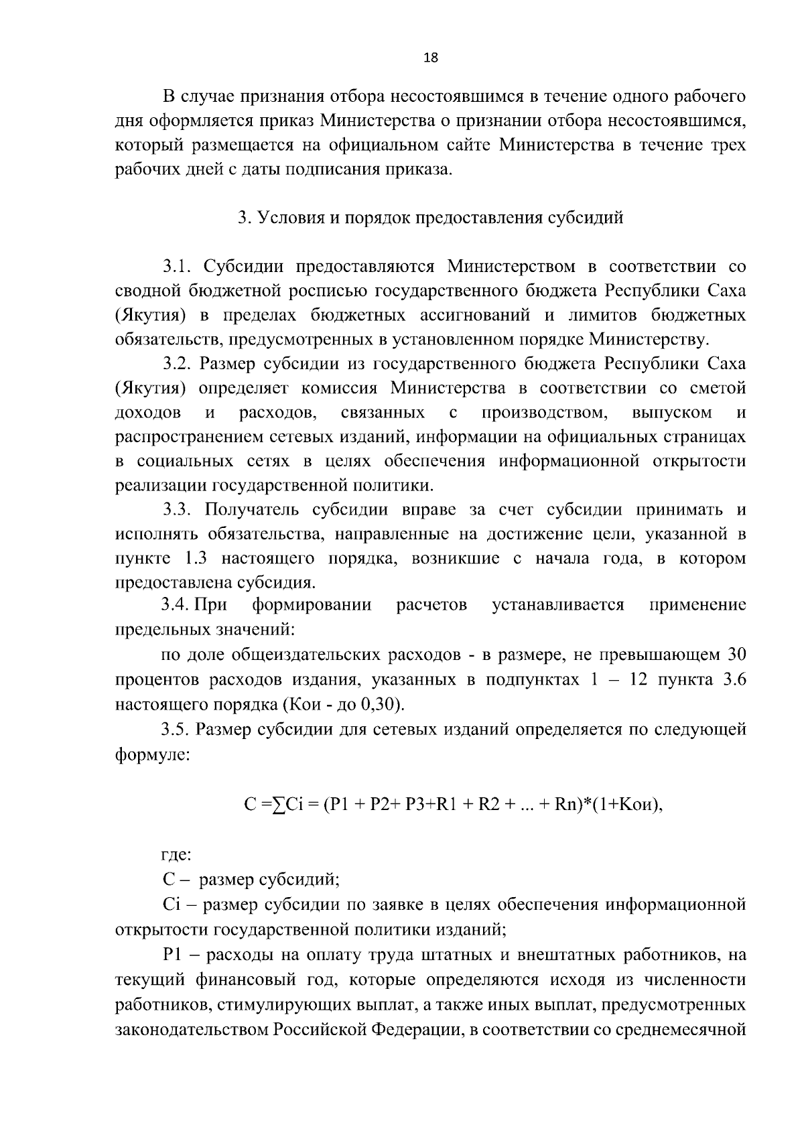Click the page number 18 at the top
[431, 58]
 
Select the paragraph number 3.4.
[176, 605]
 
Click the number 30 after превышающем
[736, 655]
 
